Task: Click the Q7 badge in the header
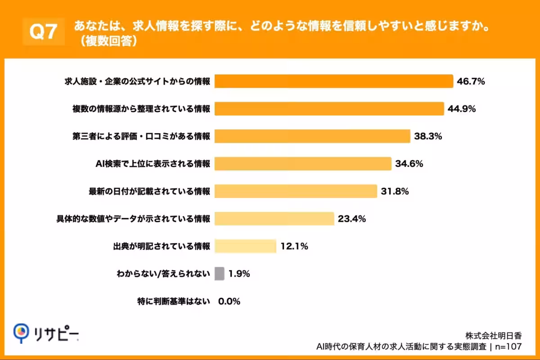43,31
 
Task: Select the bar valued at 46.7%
333,81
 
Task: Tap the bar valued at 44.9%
329,109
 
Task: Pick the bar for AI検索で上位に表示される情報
302,164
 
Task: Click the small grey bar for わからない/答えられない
220,274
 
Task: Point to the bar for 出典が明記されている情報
245,246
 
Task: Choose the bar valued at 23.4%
274,219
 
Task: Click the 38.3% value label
428,136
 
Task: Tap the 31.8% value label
395,191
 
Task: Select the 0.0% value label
229,301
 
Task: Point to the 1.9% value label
239,274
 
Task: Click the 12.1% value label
294,246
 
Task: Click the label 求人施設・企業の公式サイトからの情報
136,82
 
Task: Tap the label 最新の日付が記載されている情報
149,192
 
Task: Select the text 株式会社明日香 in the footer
493,336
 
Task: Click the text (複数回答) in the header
107,40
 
